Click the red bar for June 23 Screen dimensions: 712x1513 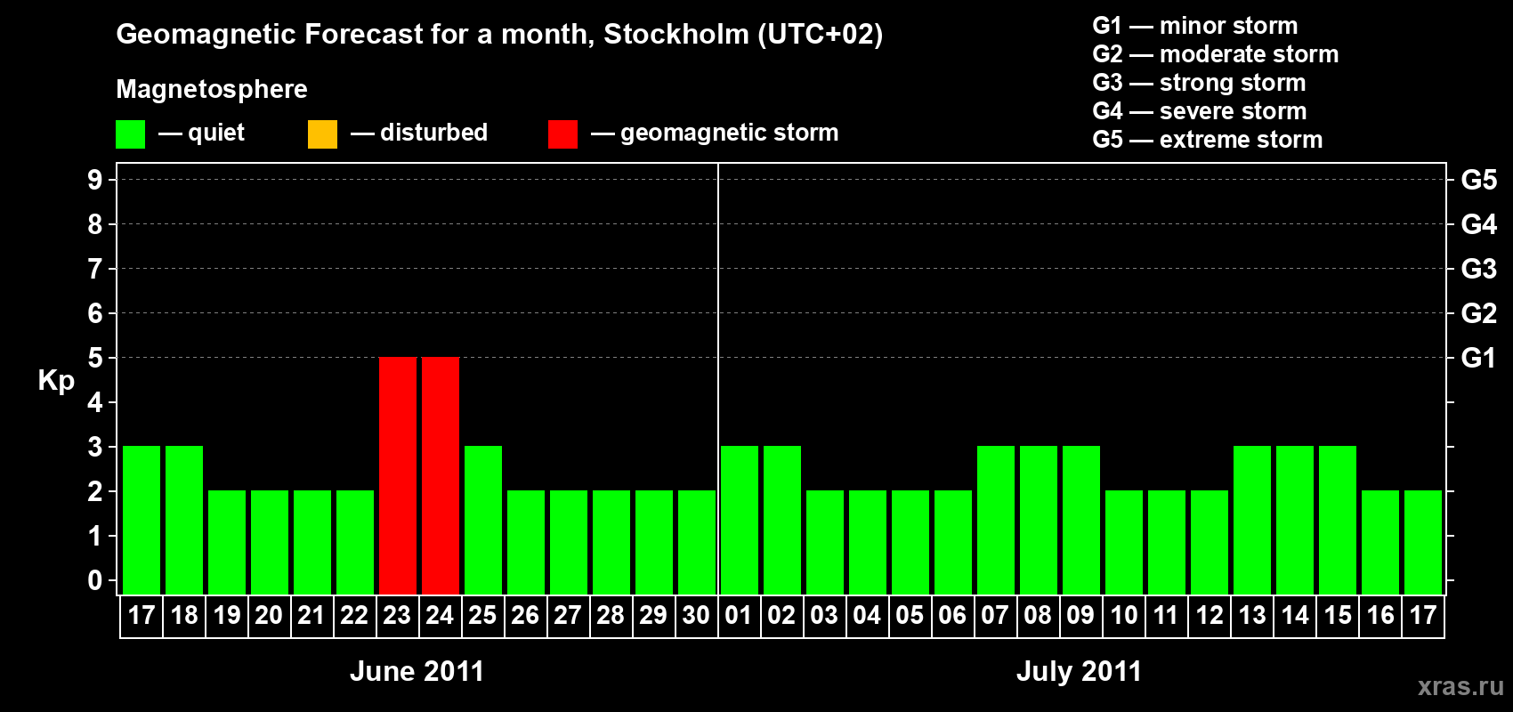(x=398, y=475)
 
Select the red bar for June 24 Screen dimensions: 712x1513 (x=441, y=475)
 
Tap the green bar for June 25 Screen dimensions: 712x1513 (x=483, y=520)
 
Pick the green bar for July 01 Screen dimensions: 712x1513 (x=740, y=520)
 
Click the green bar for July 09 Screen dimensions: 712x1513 (x=1081, y=520)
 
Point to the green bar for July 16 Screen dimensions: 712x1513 (x=1380, y=542)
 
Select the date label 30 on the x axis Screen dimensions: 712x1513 (x=696, y=616)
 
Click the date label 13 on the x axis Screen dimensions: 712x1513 (x=1252, y=616)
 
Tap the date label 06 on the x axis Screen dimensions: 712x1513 (x=952, y=616)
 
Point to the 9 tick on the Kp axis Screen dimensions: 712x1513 (x=95, y=180)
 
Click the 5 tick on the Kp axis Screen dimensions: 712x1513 (x=95, y=358)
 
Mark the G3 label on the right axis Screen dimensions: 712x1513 (x=1478, y=269)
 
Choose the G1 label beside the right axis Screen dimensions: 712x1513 (x=1478, y=358)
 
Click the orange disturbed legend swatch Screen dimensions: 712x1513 (x=322, y=134)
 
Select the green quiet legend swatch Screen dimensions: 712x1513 (x=130, y=134)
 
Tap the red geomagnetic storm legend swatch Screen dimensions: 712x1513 (x=562, y=134)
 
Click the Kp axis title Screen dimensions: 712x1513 (x=56, y=381)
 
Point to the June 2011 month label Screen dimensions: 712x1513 (x=417, y=671)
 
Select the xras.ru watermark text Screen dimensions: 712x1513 (x=1460, y=686)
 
